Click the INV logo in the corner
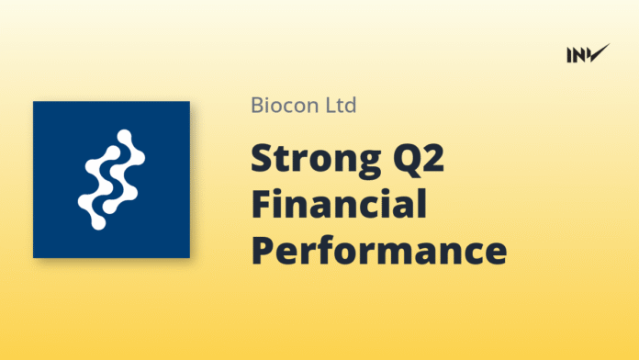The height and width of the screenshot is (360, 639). point(588,53)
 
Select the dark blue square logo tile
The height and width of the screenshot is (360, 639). point(111,179)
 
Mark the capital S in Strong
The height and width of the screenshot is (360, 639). point(263,157)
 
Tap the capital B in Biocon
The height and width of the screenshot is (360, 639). point(257,105)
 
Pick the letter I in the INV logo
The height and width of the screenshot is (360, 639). point(569,54)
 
